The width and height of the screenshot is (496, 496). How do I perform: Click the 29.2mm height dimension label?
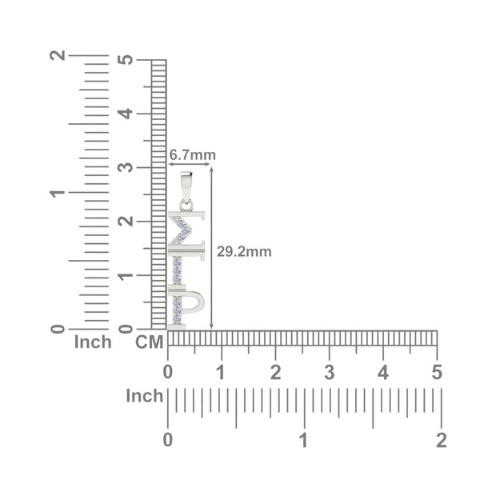pos(244,252)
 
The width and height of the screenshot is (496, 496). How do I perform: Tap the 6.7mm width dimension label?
pos(192,155)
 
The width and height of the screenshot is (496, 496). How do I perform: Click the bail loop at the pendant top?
pos(186,186)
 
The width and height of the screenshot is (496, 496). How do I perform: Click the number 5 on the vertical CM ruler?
pos(126,59)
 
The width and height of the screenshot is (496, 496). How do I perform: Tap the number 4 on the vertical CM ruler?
pos(126,114)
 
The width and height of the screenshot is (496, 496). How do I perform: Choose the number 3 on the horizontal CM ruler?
pos(330,372)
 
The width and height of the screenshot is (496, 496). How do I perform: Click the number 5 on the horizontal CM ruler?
pos(437,372)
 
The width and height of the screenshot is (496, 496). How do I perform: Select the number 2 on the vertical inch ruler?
pos(58,55)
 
